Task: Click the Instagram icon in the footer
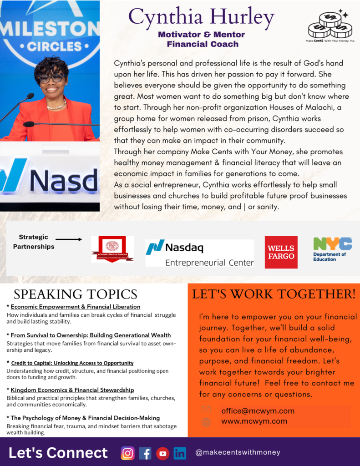(128, 453)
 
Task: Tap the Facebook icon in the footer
(145, 453)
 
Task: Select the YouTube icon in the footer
(162, 453)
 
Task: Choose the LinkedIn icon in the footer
(180, 453)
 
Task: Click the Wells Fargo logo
(281, 252)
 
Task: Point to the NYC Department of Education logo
(332, 249)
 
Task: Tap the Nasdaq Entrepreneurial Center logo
(199, 253)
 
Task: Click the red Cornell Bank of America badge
(112, 249)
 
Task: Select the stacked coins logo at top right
(330, 25)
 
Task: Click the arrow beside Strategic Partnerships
(68, 239)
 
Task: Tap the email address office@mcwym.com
(258, 411)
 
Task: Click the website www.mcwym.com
(254, 421)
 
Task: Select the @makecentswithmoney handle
(238, 452)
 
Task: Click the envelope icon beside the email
(206, 410)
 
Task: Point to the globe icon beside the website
(206, 422)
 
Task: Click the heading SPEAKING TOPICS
(75, 294)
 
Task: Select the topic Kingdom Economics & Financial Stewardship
(72, 390)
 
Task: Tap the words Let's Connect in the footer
(58, 453)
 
